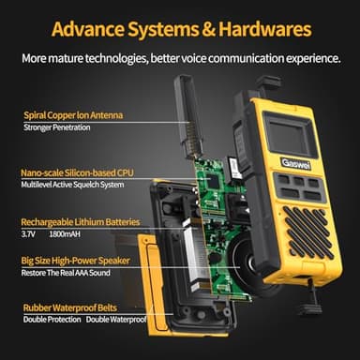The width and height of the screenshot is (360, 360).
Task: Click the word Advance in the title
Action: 89,28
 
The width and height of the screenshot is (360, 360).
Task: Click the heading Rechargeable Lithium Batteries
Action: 81,222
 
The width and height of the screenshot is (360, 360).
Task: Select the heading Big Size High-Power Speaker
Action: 75,258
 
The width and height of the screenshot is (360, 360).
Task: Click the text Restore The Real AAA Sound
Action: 71,272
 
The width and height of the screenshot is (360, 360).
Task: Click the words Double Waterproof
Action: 116,320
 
